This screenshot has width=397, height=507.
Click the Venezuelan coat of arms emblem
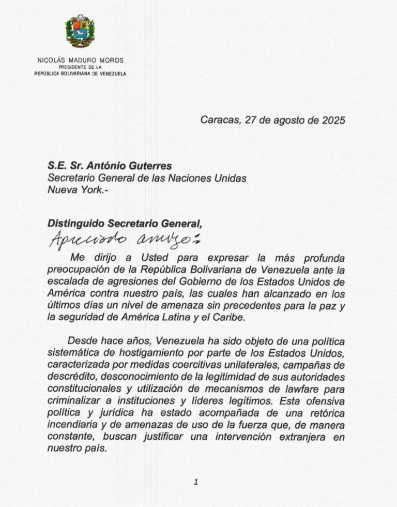click(80, 32)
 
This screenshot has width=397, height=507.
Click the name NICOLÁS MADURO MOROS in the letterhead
click(80, 61)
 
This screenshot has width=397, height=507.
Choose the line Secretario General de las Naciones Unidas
click(147, 178)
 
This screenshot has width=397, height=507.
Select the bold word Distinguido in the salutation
click(75, 223)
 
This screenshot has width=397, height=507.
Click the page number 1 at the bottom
click(196, 482)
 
